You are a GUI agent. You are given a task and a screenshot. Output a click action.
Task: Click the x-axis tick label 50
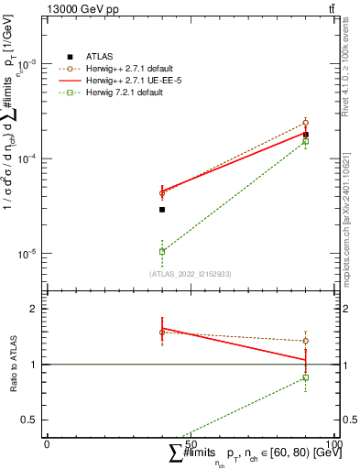[191, 442]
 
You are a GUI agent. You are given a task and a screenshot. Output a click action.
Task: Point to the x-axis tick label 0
[47, 442]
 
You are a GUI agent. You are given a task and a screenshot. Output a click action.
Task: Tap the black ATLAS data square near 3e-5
[162, 210]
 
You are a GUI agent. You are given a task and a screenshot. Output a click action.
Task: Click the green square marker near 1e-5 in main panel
[162, 251]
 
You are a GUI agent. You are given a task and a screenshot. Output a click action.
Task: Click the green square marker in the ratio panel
[306, 377]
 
